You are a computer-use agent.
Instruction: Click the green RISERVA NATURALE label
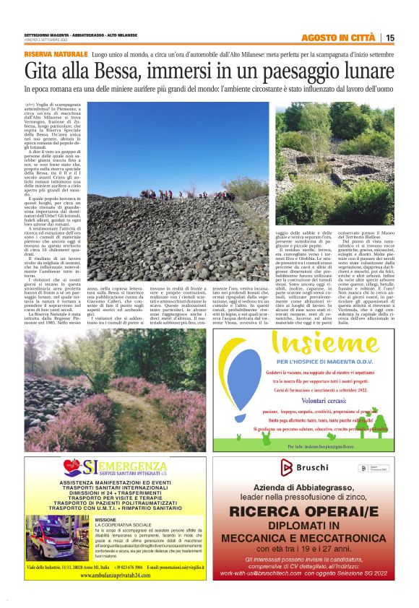[55, 55]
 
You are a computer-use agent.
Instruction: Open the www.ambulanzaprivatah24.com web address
[116, 576]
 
